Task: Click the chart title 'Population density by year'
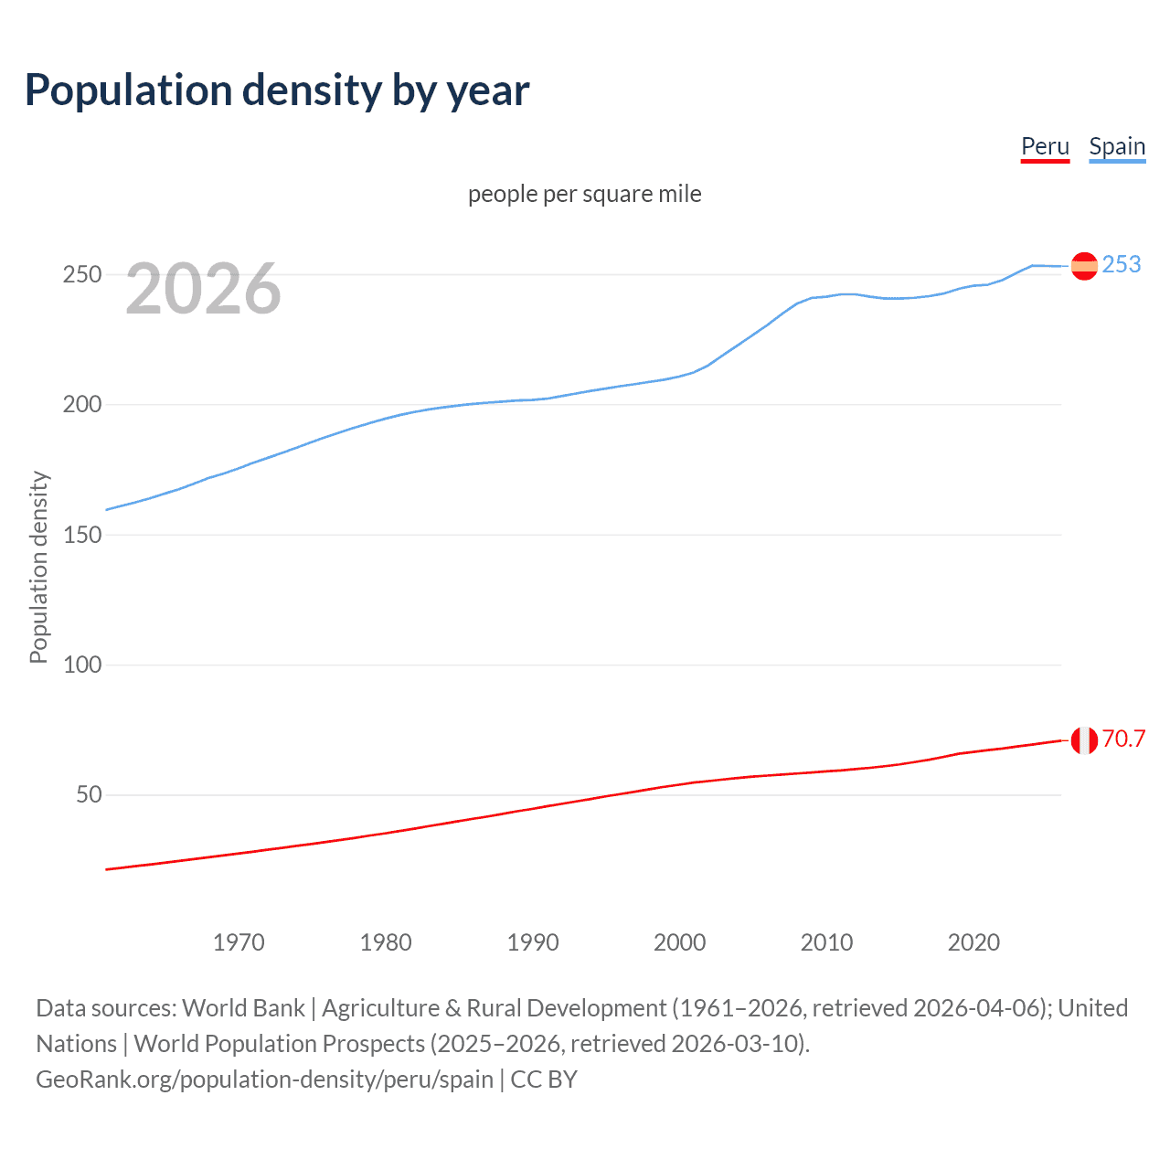pyautogui.click(x=277, y=90)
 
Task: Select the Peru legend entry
pyautogui.click(x=1045, y=146)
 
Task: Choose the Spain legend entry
pyautogui.click(x=1117, y=146)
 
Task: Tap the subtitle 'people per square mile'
pyautogui.click(x=585, y=194)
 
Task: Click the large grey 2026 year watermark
pyautogui.click(x=203, y=289)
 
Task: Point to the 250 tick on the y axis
pyautogui.click(x=81, y=274)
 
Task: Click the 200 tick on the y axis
pyautogui.click(x=81, y=404)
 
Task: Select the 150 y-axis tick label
pyautogui.click(x=81, y=535)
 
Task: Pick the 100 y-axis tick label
pyautogui.click(x=81, y=665)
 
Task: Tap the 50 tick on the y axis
pyautogui.click(x=89, y=794)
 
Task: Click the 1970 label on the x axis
pyautogui.click(x=239, y=942)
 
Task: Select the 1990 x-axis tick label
pyautogui.click(x=533, y=942)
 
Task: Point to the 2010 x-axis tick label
pyautogui.click(x=826, y=942)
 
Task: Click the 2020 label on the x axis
pyautogui.click(x=973, y=942)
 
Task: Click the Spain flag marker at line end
pyautogui.click(x=1084, y=266)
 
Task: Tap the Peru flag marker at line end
pyautogui.click(x=1084, y=740)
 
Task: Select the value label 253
pyautogui.click(x=1122, y=264)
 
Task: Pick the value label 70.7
pyautogui.click(x=1123, y=739)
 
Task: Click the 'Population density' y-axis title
pyautogui.click(x=38, y=567)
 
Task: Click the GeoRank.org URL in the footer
pyautogui.click(x=264, y=1080)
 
